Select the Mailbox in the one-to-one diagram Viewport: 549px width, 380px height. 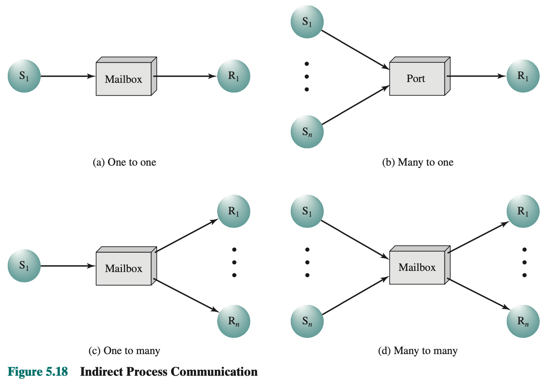pyautogui.click(x=124, y=79)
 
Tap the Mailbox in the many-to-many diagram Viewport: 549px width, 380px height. pyautogui.click(x=417, y=267)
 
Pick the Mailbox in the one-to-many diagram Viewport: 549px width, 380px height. pyautogui.click(x=124, y=269)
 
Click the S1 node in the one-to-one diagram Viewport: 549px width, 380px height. pyautogui.click(x=24, y=76)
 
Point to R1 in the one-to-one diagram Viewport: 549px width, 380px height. pyautogui.click(x=234, y=76)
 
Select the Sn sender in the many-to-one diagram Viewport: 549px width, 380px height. pyautogui.click(x=307, y=132)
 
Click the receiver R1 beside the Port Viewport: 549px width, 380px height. pyautogui.click(x=523, y=76)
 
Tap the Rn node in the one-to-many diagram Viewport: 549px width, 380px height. pyautogui.click(x=234, y=321)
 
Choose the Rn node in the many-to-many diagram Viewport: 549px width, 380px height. pyautogui.click(x=523, y=321)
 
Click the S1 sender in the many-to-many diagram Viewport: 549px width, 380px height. pyautogui.click(x=307, y=211)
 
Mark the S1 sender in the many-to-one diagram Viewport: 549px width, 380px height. pyautogui.click(x=307, y=22)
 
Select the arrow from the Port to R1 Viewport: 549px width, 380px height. pyautogui.click(x=476, y=76)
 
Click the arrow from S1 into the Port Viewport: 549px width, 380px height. pyautogui.click(x=355, y=50)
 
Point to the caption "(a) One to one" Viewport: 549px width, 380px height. pyautogui.click(x=124, y=162)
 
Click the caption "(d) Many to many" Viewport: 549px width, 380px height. pyautogui.click(x=418, y=351)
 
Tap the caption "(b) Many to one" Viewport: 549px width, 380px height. pyautogui.click(x=418, y=162)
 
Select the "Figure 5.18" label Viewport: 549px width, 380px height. pyautogui.click(x=38, y=371)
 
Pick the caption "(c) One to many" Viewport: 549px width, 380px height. pyautogui.click(x=124, y=351)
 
